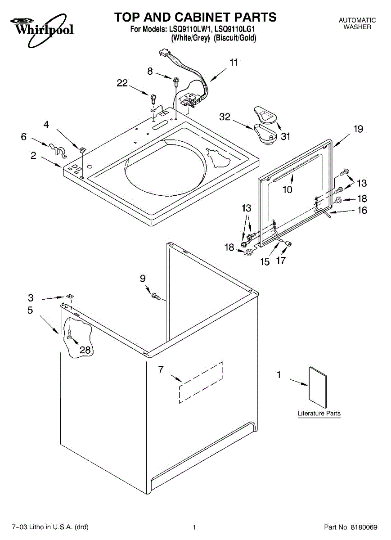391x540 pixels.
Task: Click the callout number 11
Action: coord(233,63)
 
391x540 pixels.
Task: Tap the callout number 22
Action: coord(122,83)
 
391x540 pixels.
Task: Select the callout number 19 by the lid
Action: coord(358,129)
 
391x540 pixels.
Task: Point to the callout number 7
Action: coord(161,369)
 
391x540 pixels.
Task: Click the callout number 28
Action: coord(85,350)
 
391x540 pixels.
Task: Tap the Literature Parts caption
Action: coord(319,413)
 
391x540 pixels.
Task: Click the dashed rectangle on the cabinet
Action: coord(201,382)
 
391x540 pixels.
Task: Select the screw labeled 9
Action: coord(156,296)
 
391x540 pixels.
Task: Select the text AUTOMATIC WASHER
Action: coord(357,23)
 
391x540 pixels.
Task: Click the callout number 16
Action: coord(362,210)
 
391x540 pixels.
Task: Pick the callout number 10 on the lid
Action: coord(287,189)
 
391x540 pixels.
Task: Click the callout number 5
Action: coord(30,310)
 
